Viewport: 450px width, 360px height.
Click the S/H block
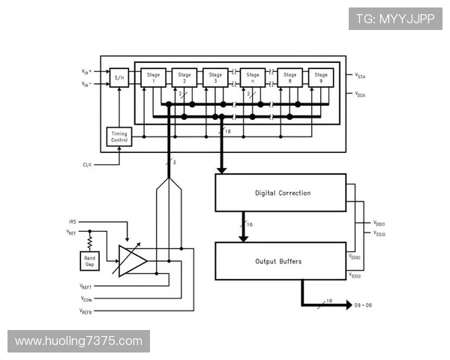tap(119, 77)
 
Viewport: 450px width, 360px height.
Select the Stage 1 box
tap(153, 77)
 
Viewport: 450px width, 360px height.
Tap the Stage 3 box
tap(215, 77)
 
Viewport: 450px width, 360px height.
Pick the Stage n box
tap(253, 77)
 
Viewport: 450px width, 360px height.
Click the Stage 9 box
tap(321, 77)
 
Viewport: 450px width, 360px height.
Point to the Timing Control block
tap(120, 136)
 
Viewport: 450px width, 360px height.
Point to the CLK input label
tap(87, 163)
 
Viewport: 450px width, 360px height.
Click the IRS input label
tap(72, 222)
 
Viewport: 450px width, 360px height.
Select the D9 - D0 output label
tap(364, 306)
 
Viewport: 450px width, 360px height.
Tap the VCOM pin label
tap(86, 298)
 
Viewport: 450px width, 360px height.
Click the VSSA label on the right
tap(361, 75)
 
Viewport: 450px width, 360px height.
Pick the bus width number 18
tap(228, 131)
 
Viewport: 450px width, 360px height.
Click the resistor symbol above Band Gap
tap(89, 241)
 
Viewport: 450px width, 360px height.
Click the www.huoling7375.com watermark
tap(78, 341)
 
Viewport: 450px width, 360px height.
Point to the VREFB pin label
tap(87, 310)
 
